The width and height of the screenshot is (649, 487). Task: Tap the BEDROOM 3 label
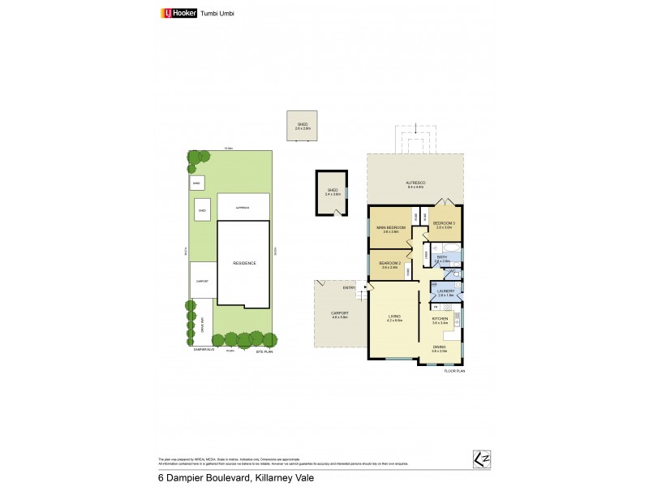coord(444,225)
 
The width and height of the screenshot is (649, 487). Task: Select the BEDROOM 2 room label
coord(391,265)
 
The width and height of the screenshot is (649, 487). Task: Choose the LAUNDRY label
coord(445,292)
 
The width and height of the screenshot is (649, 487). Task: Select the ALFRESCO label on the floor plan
coord(415,184)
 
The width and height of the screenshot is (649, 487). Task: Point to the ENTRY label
coord(349,287)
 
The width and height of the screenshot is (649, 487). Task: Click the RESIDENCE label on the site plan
coord(244,263)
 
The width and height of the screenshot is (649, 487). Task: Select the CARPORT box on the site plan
coord(203,280)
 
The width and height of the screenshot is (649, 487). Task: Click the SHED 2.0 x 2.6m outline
coord(303,125)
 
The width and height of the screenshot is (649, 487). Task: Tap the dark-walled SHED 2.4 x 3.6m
coord(330,193)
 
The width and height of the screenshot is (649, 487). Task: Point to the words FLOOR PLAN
coord(454,370)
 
